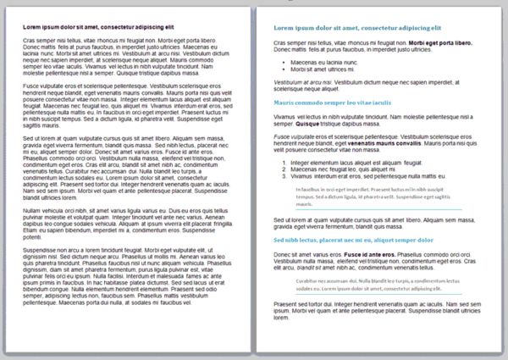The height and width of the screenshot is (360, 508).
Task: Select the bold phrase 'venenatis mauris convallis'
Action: click(383, 143)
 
